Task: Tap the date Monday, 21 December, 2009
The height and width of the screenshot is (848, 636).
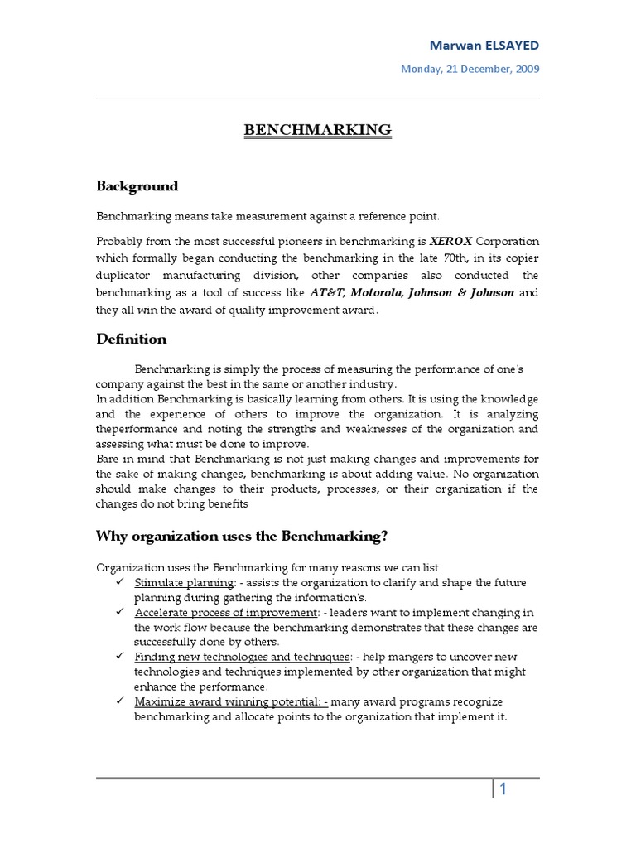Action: coord(470,69)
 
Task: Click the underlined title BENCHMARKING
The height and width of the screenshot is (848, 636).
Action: coord(317,130)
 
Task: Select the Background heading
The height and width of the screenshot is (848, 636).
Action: coord(137,186)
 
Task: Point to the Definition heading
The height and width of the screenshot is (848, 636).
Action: coord(131,339)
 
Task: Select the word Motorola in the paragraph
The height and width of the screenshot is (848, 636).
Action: coord(373,293)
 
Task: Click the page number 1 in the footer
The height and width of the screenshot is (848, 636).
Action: coord(503,790)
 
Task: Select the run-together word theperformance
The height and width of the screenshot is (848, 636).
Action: coord(140,429)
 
